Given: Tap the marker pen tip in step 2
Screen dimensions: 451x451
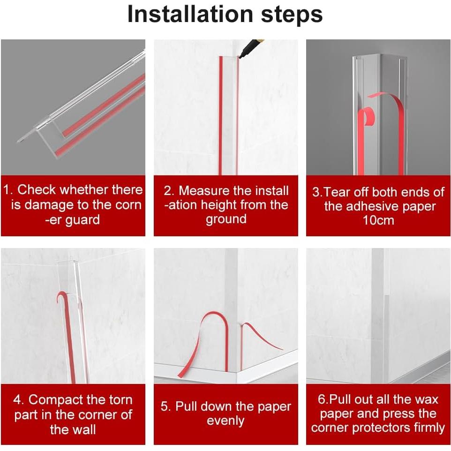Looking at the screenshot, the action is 240,57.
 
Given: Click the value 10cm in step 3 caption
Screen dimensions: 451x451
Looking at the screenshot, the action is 378,220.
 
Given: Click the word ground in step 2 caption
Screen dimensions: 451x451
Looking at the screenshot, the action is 226,219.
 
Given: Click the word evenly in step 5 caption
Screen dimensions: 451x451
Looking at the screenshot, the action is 225,421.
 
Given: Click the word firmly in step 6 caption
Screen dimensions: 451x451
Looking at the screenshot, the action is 429,428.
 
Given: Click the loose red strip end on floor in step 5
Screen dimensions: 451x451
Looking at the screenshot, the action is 180,374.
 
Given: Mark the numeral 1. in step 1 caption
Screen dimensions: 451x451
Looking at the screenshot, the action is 8,190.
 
